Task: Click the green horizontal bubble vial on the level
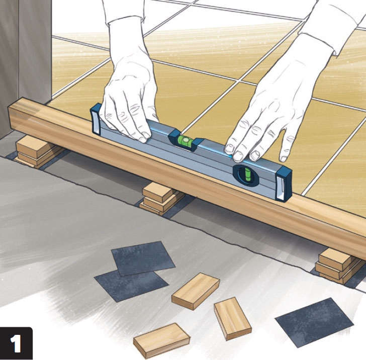click(x=185, y=141)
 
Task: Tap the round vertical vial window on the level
click(x=246, y=175)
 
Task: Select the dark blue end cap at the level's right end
click(x=284, y=184)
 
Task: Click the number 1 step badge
click(x=16, y=343)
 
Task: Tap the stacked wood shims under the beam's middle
click(x=161, y=199)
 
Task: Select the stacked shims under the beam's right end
click(x=338, y=266)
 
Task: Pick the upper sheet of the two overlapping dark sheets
click(x=143, y=258)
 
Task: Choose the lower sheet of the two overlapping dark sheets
click(x=131, y=286)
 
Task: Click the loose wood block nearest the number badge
click(x=161, y=340)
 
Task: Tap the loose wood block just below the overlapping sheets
click(x=196, y=291)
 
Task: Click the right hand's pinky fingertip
click(x=284, y=159)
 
